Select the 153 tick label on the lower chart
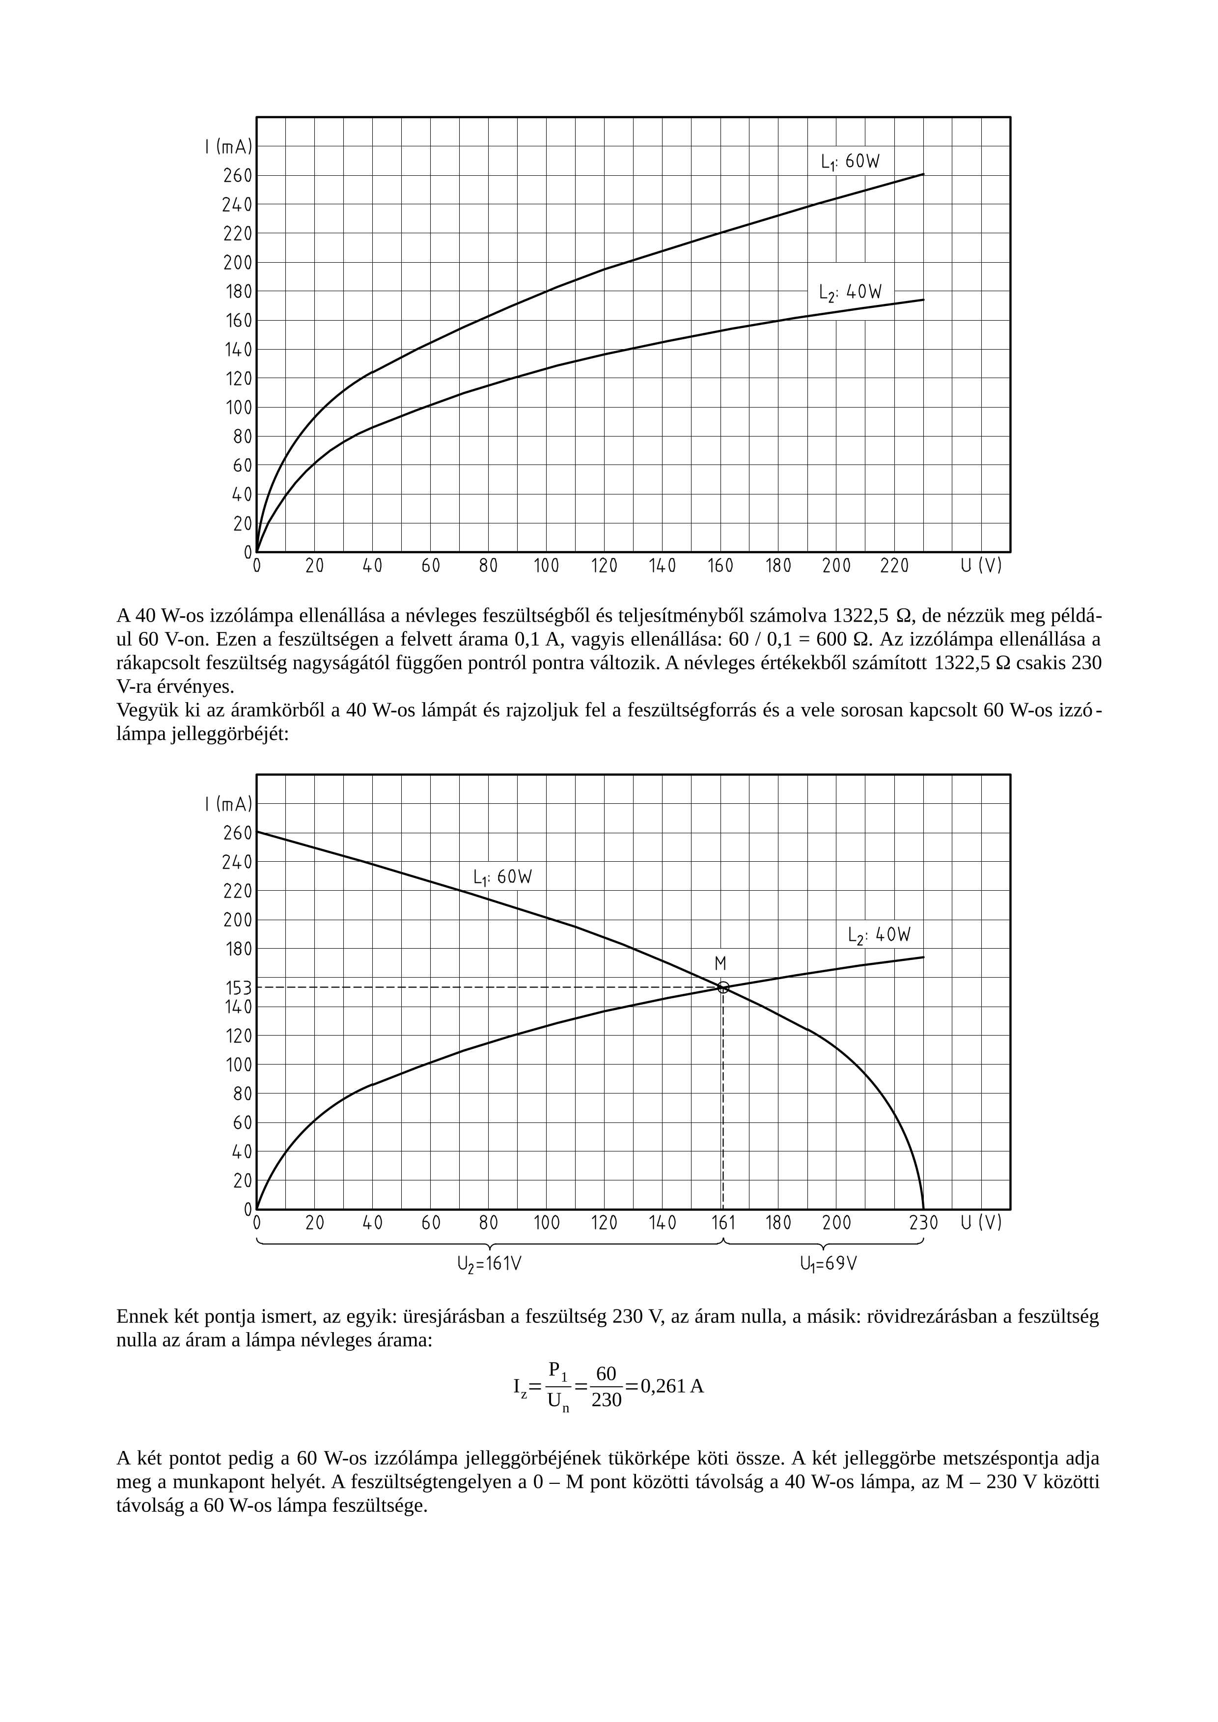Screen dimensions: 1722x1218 (239, 988)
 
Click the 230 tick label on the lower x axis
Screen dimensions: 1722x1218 (923, 1223)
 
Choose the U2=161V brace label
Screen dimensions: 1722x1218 (489, 1264)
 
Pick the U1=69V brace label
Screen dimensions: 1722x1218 (828, 1264)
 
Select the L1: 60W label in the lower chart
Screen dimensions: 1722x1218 (502, 877)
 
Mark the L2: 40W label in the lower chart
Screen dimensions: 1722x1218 (879, 935)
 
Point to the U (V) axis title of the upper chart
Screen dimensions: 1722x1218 (981, 566)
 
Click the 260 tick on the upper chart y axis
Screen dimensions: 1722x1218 (237, 175)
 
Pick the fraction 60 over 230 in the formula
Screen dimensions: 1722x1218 (606, 1386)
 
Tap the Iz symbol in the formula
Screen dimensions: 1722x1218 (520, 1388)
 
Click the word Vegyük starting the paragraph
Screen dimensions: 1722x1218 (144, 710)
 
